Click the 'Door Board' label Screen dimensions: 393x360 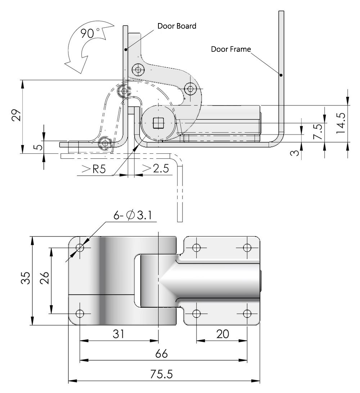[x=177, y=26]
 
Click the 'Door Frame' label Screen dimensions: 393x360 [x=231, y=49]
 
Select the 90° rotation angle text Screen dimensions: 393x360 [x=90, y=34]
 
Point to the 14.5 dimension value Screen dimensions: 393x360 [x=341, y=123]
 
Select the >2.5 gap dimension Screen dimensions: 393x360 [x=156, y=169]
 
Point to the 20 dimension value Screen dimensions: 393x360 [x=222, y=334]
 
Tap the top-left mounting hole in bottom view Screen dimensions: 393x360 [x=80, y=248]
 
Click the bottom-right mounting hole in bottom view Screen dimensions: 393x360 [x=247, y=313]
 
